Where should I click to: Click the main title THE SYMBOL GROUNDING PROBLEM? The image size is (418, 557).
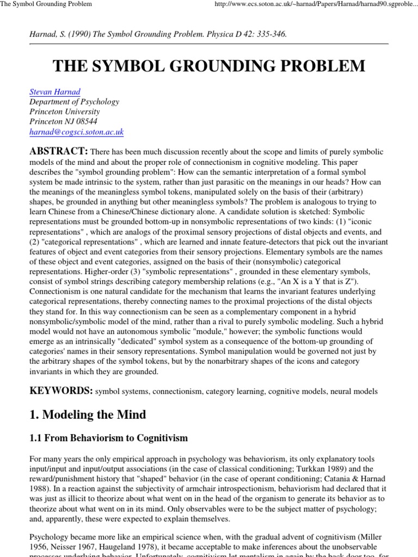pos(209,66)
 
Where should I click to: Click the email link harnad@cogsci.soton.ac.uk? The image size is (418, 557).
pos(77,132)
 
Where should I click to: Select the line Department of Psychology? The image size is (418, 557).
pos(74,102)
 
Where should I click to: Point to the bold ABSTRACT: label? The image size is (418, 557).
pos(59,151)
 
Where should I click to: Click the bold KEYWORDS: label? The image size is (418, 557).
pos(61,391)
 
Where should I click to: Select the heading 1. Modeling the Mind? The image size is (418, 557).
pos(88,414)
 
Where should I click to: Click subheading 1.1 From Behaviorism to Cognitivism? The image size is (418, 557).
pos(108,438)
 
